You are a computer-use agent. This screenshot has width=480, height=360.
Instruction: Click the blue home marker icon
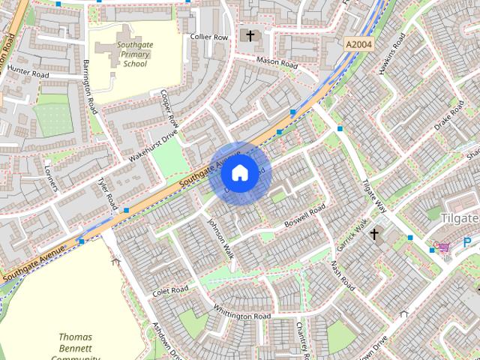click(238, 173)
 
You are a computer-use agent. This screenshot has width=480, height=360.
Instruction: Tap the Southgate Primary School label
click(135, 54)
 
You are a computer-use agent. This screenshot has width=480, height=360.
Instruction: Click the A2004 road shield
click(358, 45)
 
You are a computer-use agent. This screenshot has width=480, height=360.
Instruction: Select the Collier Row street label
click(208, 36)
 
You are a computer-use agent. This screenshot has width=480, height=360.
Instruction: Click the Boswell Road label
click(305, 213)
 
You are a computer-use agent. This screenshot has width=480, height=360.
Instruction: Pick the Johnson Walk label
click(221, 239)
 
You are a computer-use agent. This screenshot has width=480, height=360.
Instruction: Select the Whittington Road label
click(241, 314)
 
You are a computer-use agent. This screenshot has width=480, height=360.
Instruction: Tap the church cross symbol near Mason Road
click(250, 35)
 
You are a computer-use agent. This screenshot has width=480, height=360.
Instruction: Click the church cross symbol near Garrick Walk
click(374, 235)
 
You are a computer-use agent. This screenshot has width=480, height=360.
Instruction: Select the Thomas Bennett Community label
click(75, 347)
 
